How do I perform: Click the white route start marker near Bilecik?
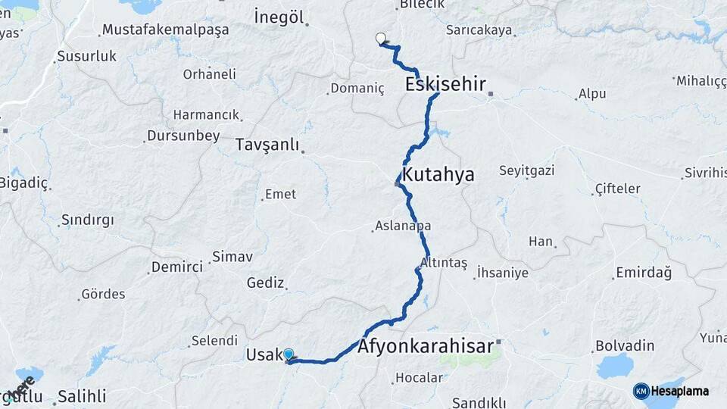coord(380,38)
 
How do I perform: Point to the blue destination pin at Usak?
coord(289,354)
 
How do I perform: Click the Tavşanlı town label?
coord(267,145)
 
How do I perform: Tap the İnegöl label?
coord(279,17)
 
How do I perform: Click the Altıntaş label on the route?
coord(447,262)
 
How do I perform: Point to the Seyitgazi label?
coord(526,170)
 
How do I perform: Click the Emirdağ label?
coord(643,272)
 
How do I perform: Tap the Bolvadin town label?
coord(625,345)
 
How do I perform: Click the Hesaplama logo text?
coord(679,391)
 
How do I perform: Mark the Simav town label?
coord(232,257)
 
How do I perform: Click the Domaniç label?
coord(357,89)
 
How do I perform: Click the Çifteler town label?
coord(617,189)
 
